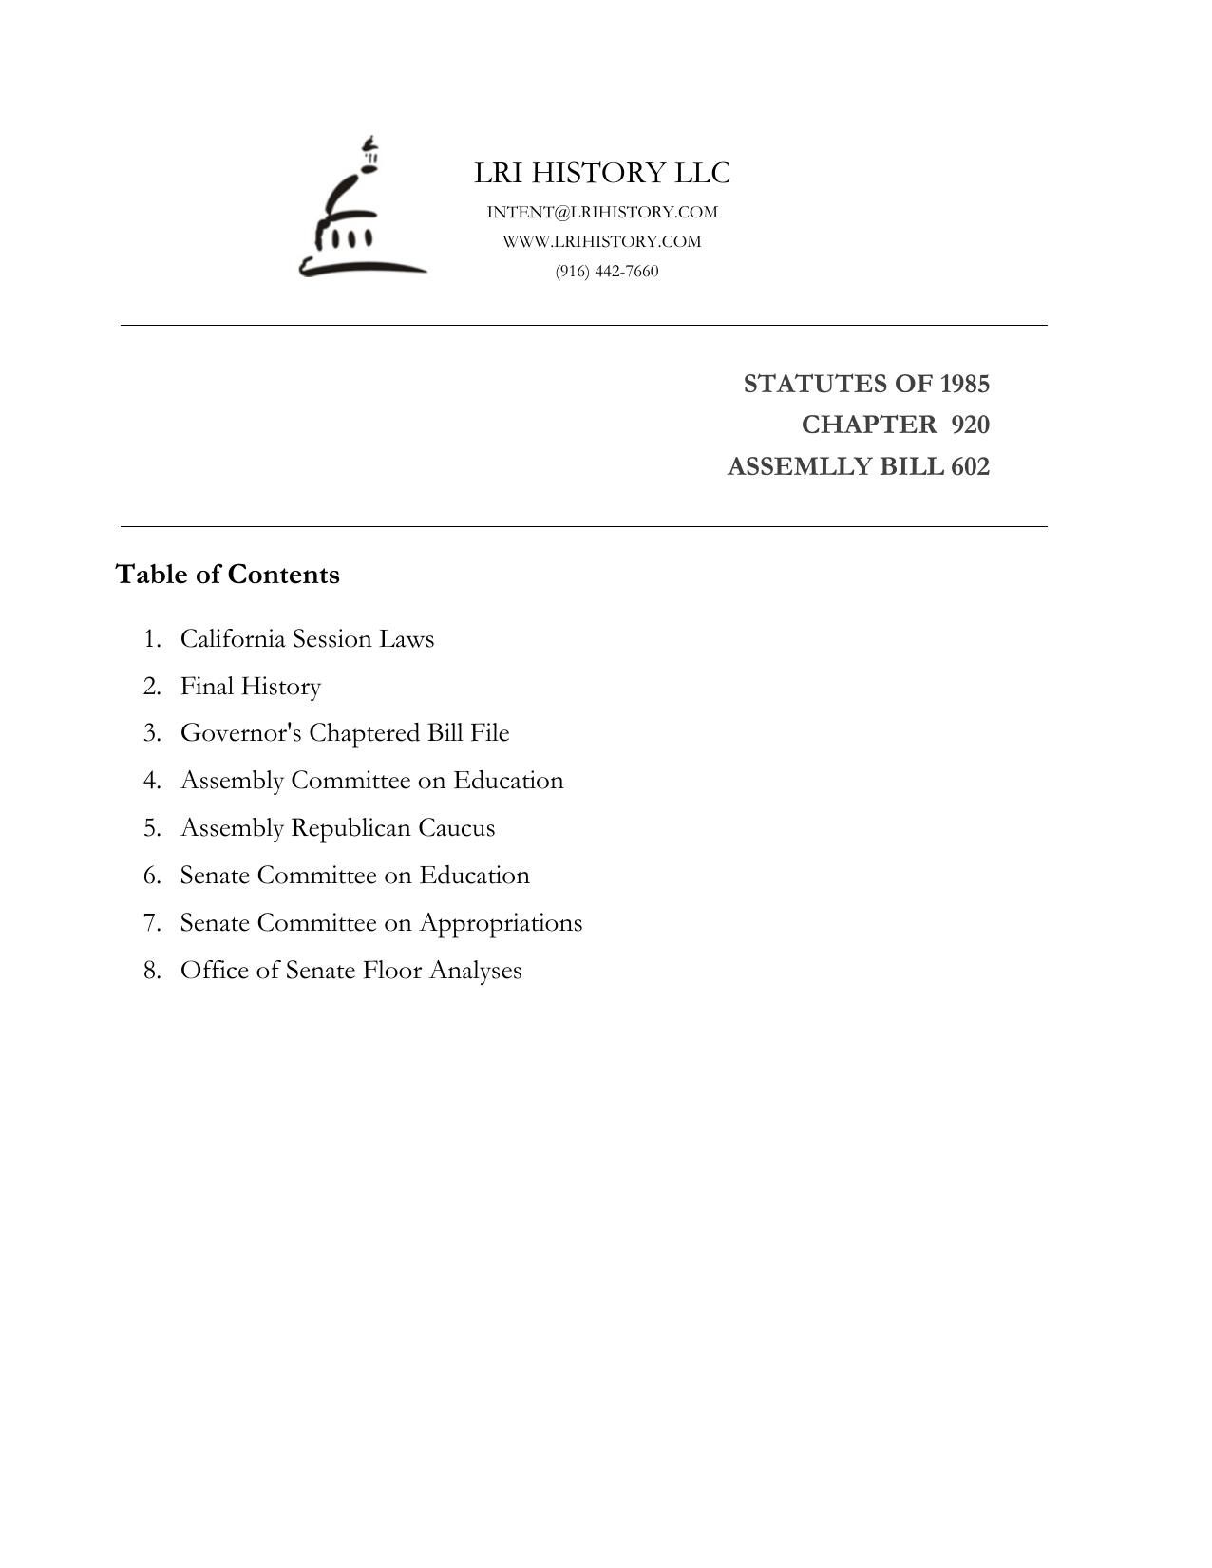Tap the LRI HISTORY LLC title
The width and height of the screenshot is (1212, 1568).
(x=602, y=173)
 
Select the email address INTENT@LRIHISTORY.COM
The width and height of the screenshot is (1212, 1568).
(x=602, y=212)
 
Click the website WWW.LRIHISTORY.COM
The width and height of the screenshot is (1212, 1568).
(x=602, y=241)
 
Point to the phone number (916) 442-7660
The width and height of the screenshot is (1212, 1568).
(x=607, y=271)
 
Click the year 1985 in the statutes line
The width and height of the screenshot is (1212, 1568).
(x=964, y=384)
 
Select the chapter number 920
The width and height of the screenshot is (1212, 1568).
(x=970, y=425)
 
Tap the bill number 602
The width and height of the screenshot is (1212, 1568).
(x=970, y=466)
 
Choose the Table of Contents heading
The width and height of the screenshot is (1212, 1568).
(x=228, y=575)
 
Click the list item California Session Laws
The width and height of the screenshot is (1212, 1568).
(x=307, y=638)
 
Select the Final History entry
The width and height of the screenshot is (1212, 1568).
(x=251, y=686)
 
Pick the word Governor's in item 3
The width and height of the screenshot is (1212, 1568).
(x=241, y=733)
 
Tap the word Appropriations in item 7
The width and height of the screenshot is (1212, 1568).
(x=501, y=923)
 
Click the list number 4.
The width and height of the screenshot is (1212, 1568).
(x=152, y=781)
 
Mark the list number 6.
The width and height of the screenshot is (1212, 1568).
(x=152, y=876)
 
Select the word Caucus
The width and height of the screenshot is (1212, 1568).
(x=456, y=828)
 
